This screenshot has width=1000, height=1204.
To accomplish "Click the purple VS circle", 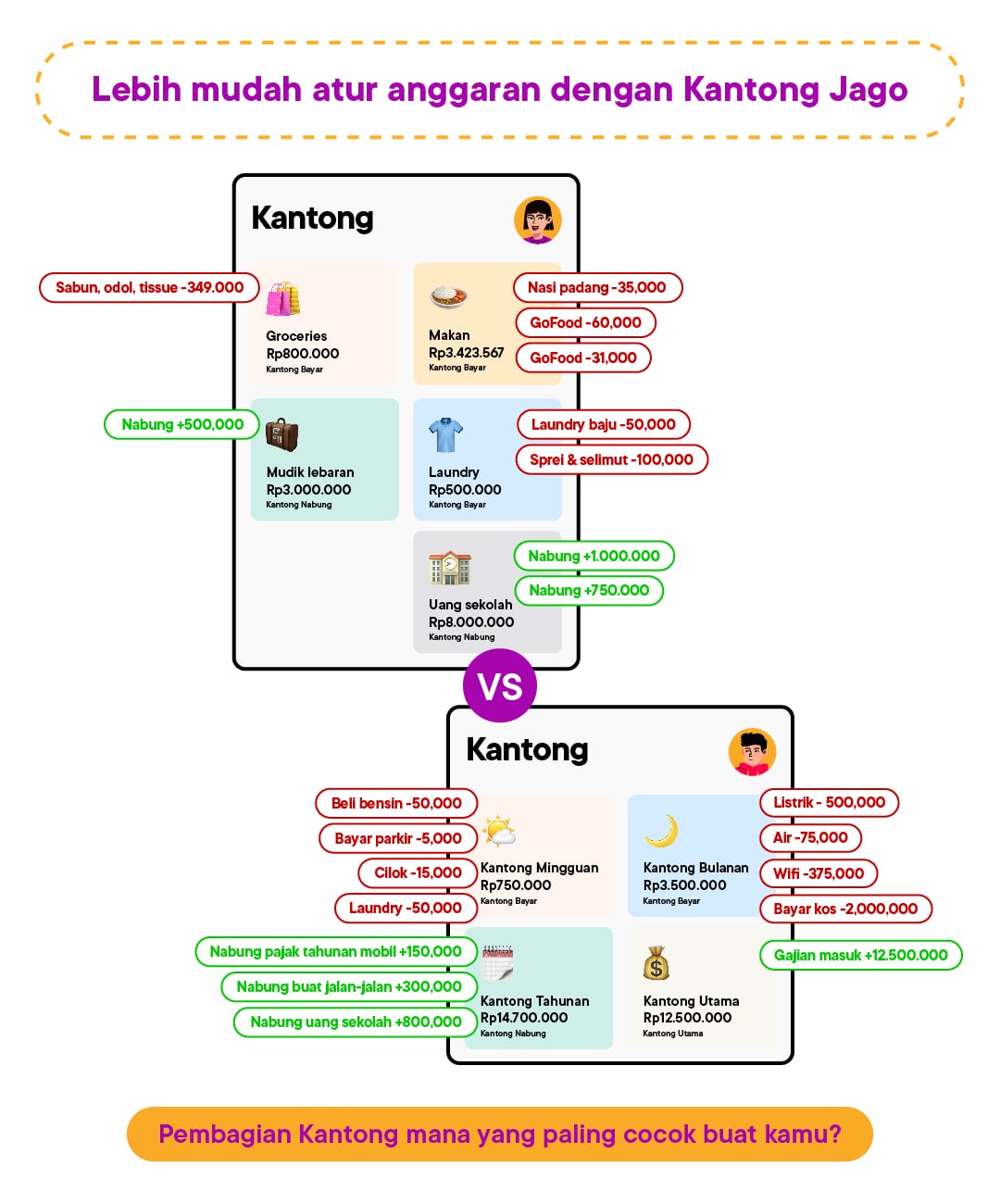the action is [500, 685].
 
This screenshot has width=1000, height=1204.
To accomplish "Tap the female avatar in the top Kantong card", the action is [538, 220].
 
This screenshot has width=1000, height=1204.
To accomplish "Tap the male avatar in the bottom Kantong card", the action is [752, 752].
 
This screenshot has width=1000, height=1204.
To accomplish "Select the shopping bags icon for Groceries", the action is [283, 299].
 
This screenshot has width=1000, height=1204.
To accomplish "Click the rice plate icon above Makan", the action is [448, 296].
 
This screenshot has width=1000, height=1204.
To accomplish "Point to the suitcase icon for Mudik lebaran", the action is [281, 434].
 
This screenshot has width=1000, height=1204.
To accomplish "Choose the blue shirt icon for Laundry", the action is [446, 434].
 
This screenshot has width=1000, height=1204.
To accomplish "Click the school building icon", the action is [450, 568].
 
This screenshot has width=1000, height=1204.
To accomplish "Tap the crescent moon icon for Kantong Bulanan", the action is [662, 831].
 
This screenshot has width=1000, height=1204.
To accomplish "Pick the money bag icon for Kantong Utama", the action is [656, 963].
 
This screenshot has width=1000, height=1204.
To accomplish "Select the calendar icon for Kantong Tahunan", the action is [497, 963].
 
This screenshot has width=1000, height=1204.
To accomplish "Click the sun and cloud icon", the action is [499, 831].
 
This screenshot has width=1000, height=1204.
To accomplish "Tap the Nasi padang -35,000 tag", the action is [598, 287].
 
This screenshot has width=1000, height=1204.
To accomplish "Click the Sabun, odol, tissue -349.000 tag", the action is [149, 287].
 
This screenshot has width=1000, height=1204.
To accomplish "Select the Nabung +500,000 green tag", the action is [182, 424].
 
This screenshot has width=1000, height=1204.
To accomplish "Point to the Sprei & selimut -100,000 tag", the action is [611, 459].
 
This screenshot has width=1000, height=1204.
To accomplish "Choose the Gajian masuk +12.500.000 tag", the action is [861, 955].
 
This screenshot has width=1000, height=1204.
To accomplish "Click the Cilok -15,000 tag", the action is [418, 872].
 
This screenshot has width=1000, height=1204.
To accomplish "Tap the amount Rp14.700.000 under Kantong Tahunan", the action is [524, 1018].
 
